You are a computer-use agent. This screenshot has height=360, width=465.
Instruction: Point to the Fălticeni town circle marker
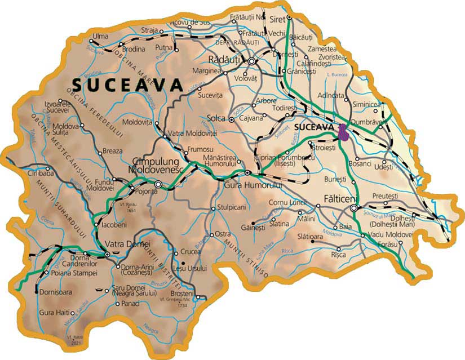coord(353,208)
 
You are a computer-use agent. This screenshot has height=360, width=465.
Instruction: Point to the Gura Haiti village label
coord(55,312)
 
